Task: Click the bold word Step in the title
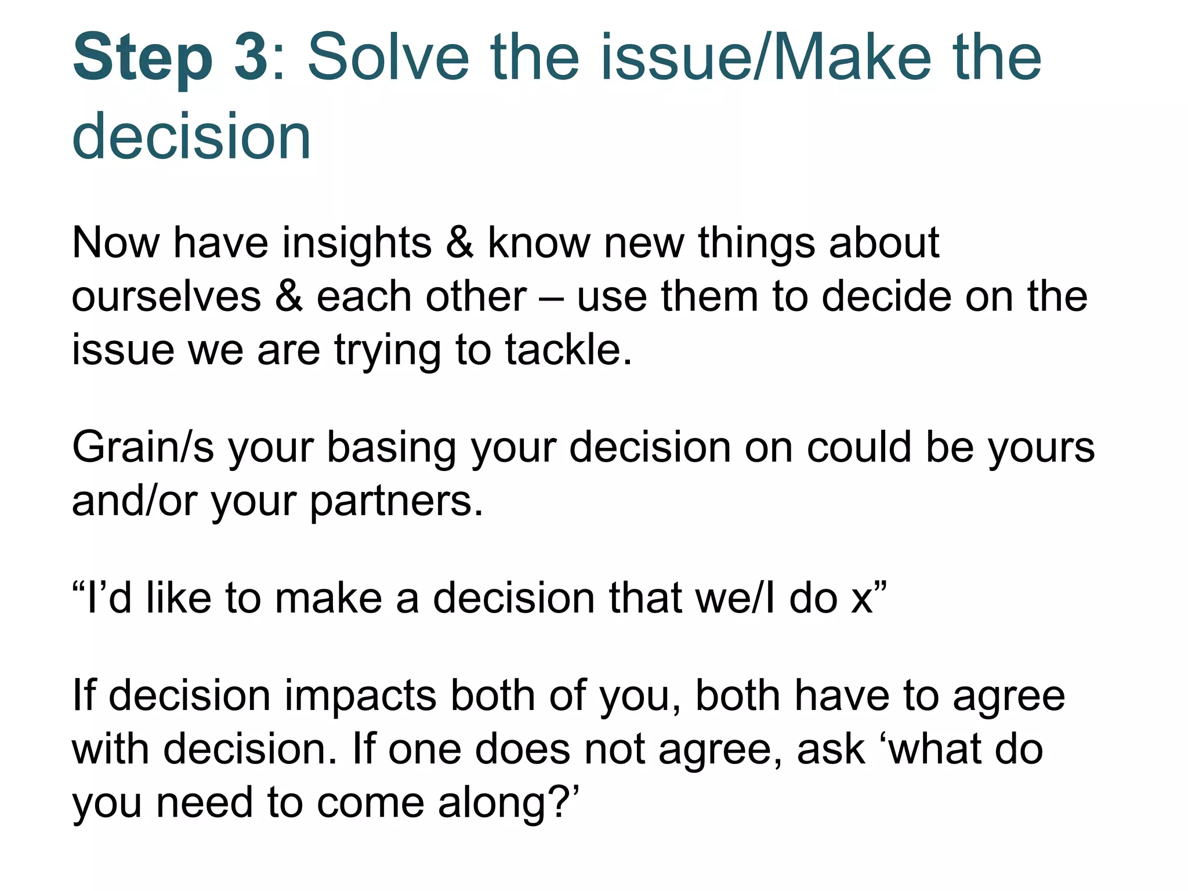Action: (x=143, y=58)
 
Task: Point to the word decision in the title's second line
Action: (x=191, y=136)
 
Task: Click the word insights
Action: (x=356, y=243)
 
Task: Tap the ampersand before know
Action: (x=459, y=242)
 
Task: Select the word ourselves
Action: (x=166, y=296)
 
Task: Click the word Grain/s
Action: (x=143, y=448)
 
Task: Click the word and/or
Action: (x=135, y=501)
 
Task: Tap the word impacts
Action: (x=359, y=696)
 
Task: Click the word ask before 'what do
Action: (x=831, y=749)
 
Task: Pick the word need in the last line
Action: (x=204, y=803)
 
